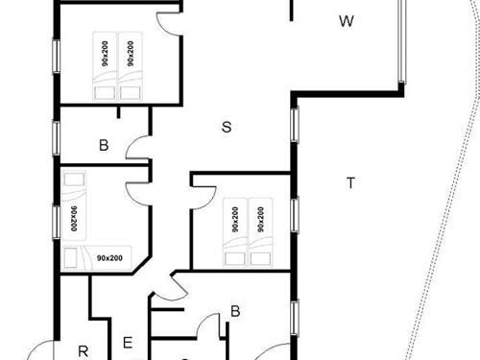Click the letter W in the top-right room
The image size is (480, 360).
click(x=347, y=21)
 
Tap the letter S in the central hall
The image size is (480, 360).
click(x=226, y=127)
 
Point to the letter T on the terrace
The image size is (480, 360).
click(x=350, y=183)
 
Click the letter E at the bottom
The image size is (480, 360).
click(x=127, y=342)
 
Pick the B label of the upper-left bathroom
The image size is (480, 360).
click(x=103, y=146)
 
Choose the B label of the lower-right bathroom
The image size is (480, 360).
click(x=234, y=312)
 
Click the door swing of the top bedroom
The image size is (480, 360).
click(x=169, y=25)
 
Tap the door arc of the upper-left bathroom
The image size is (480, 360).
click(x=138, y=148)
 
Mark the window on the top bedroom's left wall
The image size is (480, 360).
click(x=56, y=54)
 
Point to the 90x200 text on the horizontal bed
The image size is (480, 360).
click(x=109, y=257)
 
